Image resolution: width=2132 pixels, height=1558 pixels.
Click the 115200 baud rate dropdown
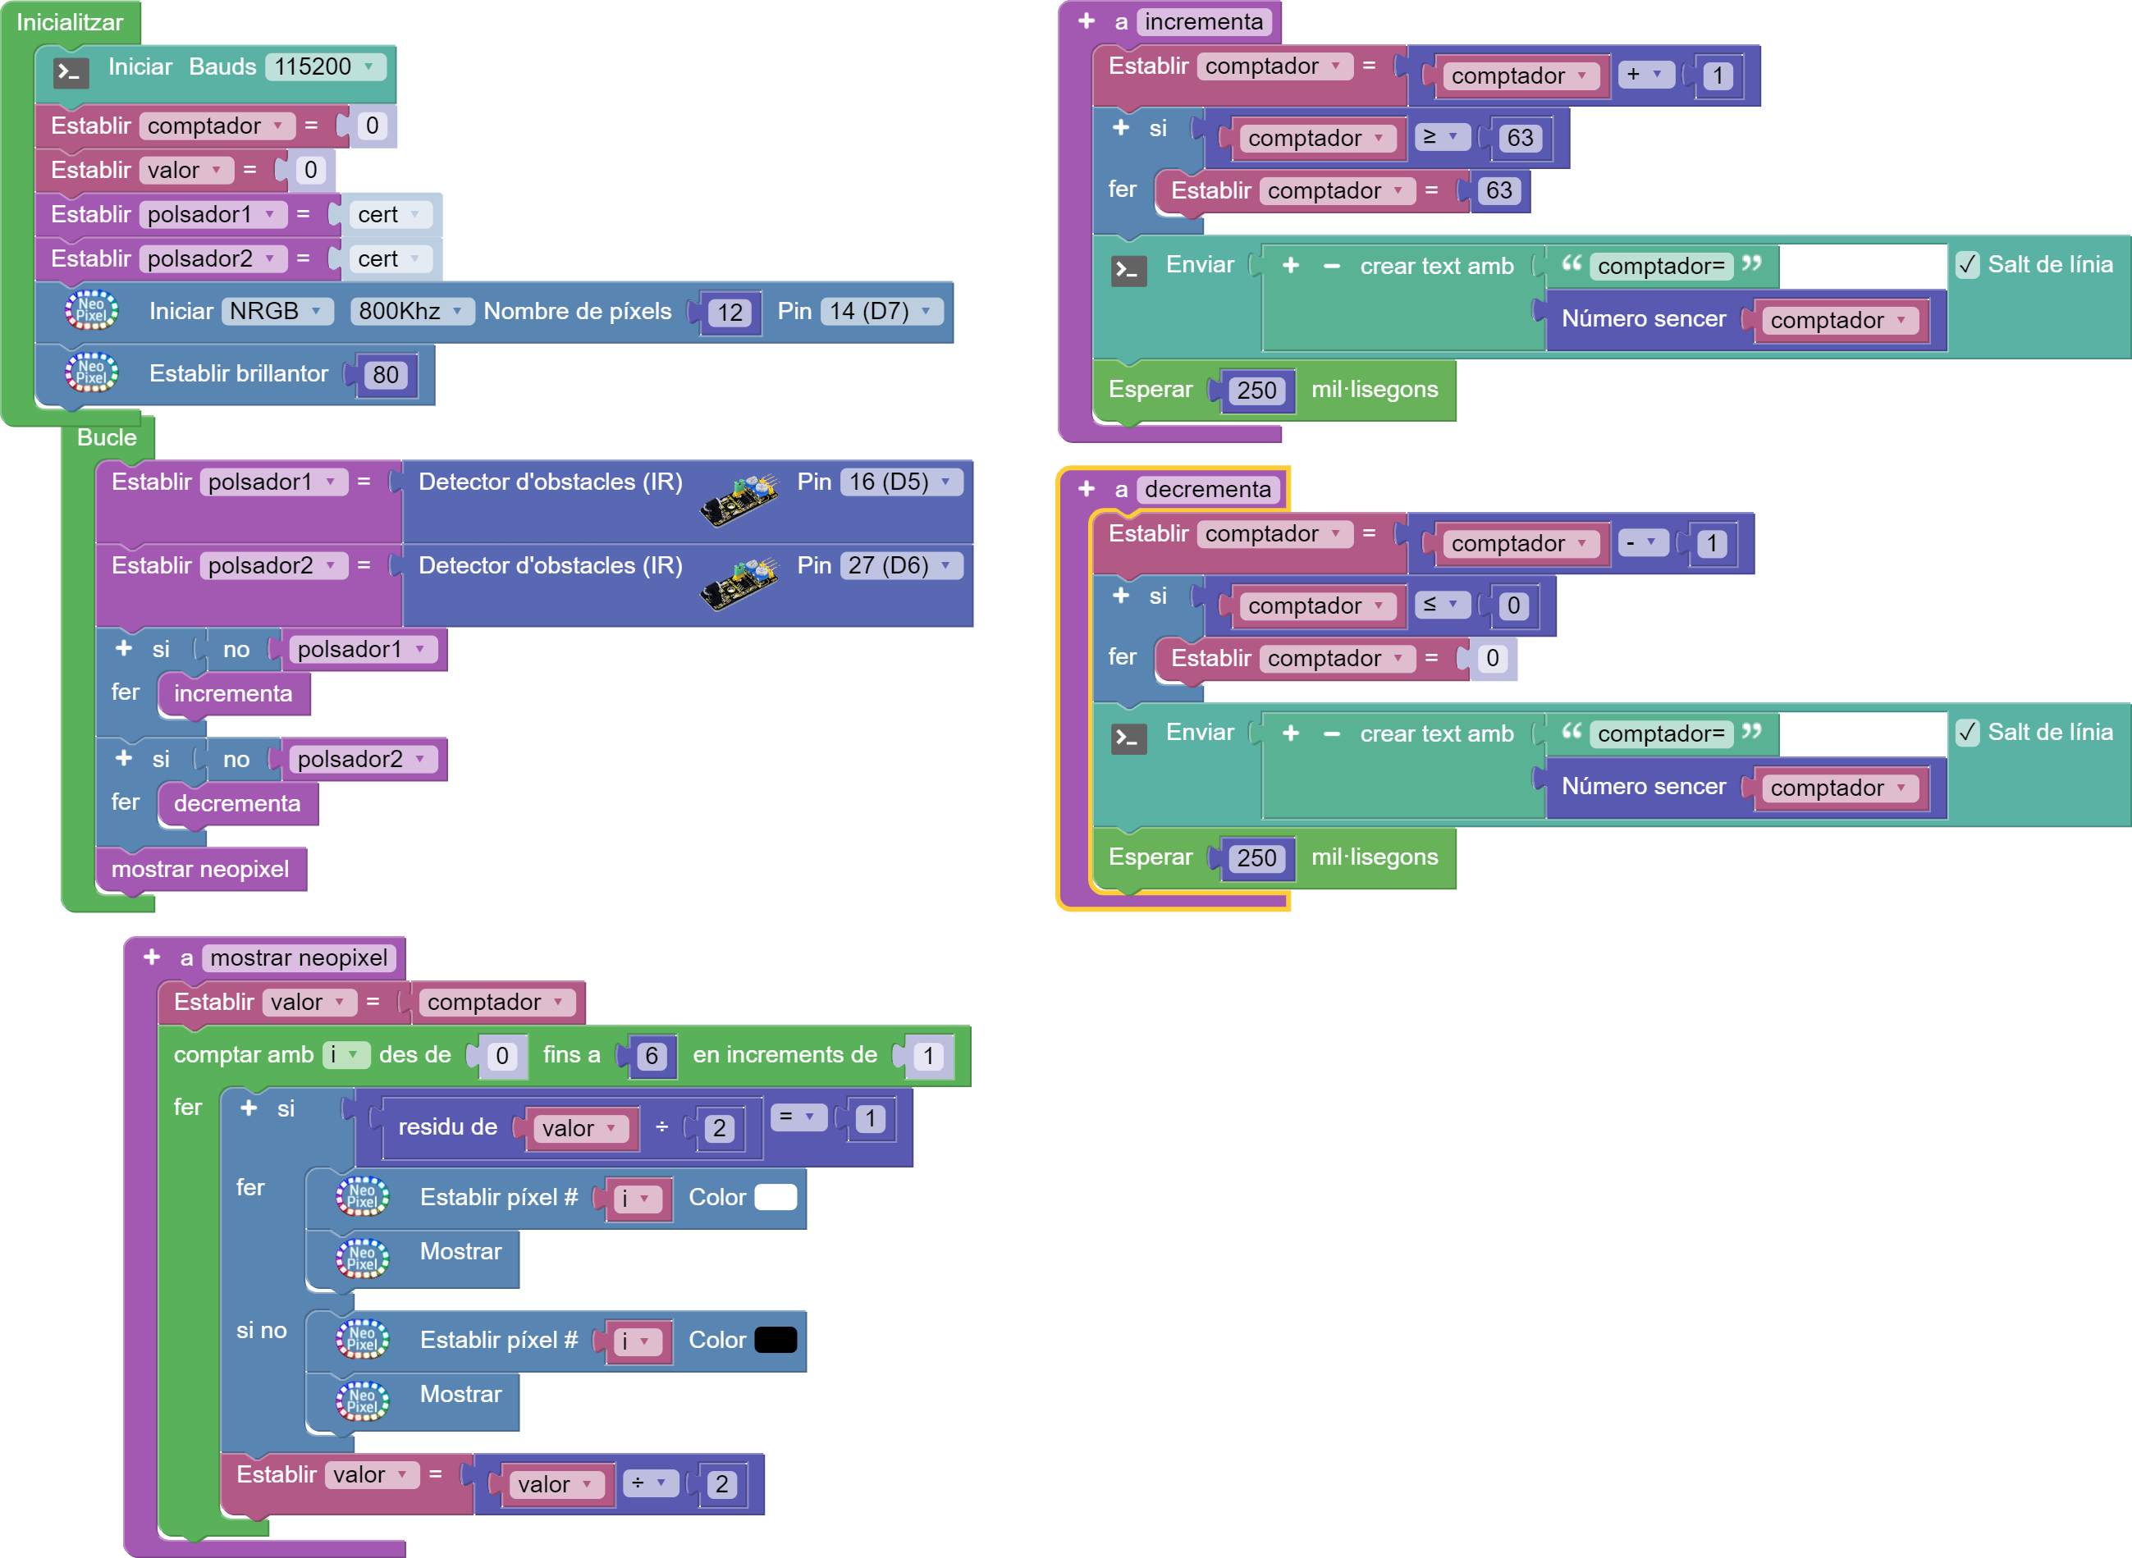click(324, 67)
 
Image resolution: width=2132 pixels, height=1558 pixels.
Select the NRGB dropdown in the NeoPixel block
click(277, 311)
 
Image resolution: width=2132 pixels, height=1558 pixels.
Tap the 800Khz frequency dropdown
click(410, 311)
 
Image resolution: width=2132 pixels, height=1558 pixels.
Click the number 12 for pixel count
click(730, 312)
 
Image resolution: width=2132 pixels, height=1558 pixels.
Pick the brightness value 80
click(386, 374)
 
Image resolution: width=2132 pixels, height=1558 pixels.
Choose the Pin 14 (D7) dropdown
click(881, 311)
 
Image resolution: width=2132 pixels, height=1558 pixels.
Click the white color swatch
click(775, 1197)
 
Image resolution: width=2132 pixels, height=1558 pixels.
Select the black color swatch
click(775, 1339)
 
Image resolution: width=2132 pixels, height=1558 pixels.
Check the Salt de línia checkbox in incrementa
click(1968, 265)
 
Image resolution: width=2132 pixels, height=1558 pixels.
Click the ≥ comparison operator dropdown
click(1440, 137)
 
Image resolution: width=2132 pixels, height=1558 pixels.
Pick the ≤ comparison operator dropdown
click(1440, 605)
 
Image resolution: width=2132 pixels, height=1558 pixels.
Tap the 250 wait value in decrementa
click(1256, 858)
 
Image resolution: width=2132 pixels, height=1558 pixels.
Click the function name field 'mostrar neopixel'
click(298, 958)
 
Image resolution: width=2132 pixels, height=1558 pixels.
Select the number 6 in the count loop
click(651, 1055)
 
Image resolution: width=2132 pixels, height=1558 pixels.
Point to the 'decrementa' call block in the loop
click(237, 803)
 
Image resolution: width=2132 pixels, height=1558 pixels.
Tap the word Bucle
click(107, 437)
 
